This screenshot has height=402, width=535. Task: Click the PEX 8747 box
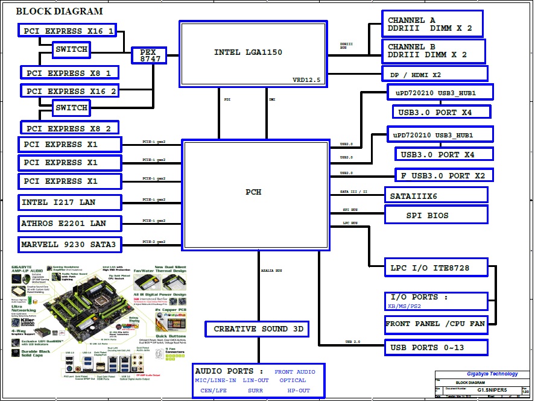(149, 55)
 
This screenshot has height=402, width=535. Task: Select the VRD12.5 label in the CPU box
(306, 80)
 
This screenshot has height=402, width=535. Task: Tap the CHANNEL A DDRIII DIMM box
(432, 25)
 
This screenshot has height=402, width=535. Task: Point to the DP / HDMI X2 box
(434, 74)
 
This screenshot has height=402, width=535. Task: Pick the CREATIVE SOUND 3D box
(257, 329)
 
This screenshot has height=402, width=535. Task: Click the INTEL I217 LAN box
(69, 203)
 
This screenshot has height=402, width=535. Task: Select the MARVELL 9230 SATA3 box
(69, 245)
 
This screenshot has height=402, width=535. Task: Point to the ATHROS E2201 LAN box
(69, 224)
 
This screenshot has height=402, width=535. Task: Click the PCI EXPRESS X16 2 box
(70, 91)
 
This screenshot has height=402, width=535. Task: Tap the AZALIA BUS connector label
(272, 271)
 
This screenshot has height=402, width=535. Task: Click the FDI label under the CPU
(227, 99)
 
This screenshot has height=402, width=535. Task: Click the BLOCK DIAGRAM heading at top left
(59, 11)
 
